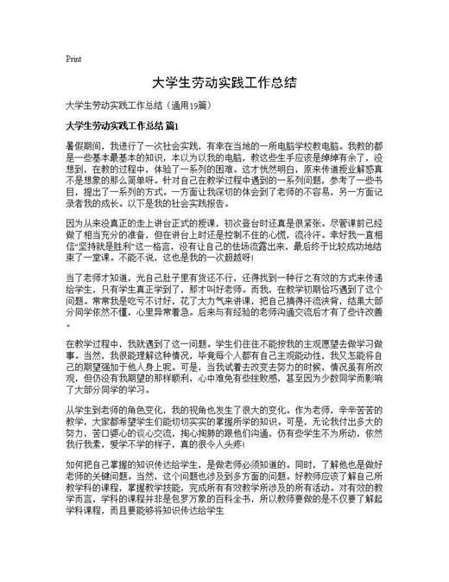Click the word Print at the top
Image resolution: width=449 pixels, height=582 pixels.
click(73, 59)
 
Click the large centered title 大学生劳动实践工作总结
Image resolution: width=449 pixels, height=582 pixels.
click(224, 84)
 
